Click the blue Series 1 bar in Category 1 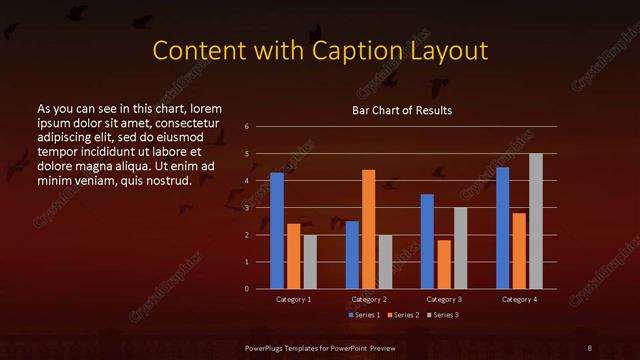point(277,231)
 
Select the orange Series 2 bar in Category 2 point(369,229)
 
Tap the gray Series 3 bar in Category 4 point(536,221)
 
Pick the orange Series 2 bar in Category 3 point(444,264)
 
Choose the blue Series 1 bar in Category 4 point(503,228)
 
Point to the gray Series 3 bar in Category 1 point(310,262)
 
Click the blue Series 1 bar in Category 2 point(352,255)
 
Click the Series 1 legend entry point(364,315)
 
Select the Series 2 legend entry point(403,315)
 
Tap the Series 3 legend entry point(443,315)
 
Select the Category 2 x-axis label point(369,299)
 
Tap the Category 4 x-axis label point(519,299)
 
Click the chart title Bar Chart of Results point(401,110)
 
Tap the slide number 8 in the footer point(590,347)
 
